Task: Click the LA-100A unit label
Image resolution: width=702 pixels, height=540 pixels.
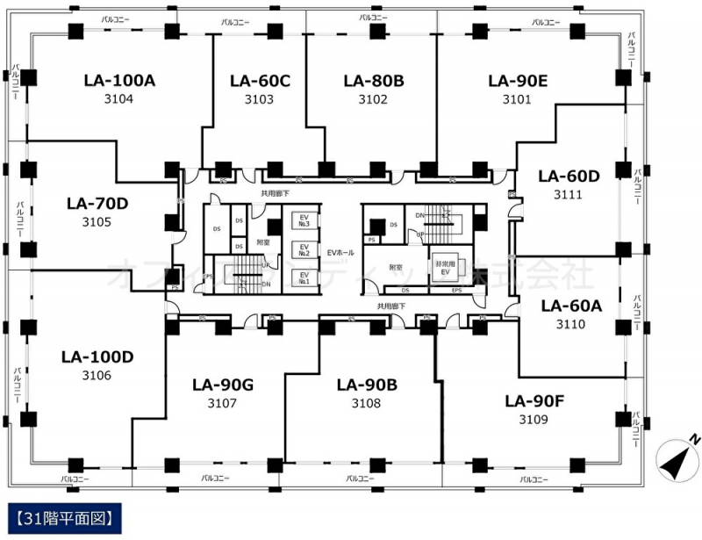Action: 119,81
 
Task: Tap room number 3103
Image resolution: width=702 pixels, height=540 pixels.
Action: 259,99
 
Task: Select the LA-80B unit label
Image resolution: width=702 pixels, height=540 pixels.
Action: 373,81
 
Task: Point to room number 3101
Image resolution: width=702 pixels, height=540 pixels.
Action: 517,99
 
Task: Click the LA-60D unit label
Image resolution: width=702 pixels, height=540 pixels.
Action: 569,176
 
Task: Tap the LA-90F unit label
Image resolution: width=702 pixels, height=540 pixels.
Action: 534,401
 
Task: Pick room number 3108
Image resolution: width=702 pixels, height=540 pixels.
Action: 366,403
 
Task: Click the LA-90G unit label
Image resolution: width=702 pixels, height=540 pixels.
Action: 222,385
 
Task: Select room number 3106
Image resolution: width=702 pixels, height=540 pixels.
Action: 97,376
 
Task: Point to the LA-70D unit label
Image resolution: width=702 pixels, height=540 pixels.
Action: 97,204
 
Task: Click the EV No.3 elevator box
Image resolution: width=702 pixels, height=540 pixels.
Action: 304,221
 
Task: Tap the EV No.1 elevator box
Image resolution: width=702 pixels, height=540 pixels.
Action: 304,277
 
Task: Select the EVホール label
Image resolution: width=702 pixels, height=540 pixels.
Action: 340,253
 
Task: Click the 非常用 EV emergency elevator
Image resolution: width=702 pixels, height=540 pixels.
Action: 443,268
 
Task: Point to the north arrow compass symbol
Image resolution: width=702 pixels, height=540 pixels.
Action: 677,455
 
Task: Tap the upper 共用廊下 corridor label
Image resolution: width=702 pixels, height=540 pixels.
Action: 275,192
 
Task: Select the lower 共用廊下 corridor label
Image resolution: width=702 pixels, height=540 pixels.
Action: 390,306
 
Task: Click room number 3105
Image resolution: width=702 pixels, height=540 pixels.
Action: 97,221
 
